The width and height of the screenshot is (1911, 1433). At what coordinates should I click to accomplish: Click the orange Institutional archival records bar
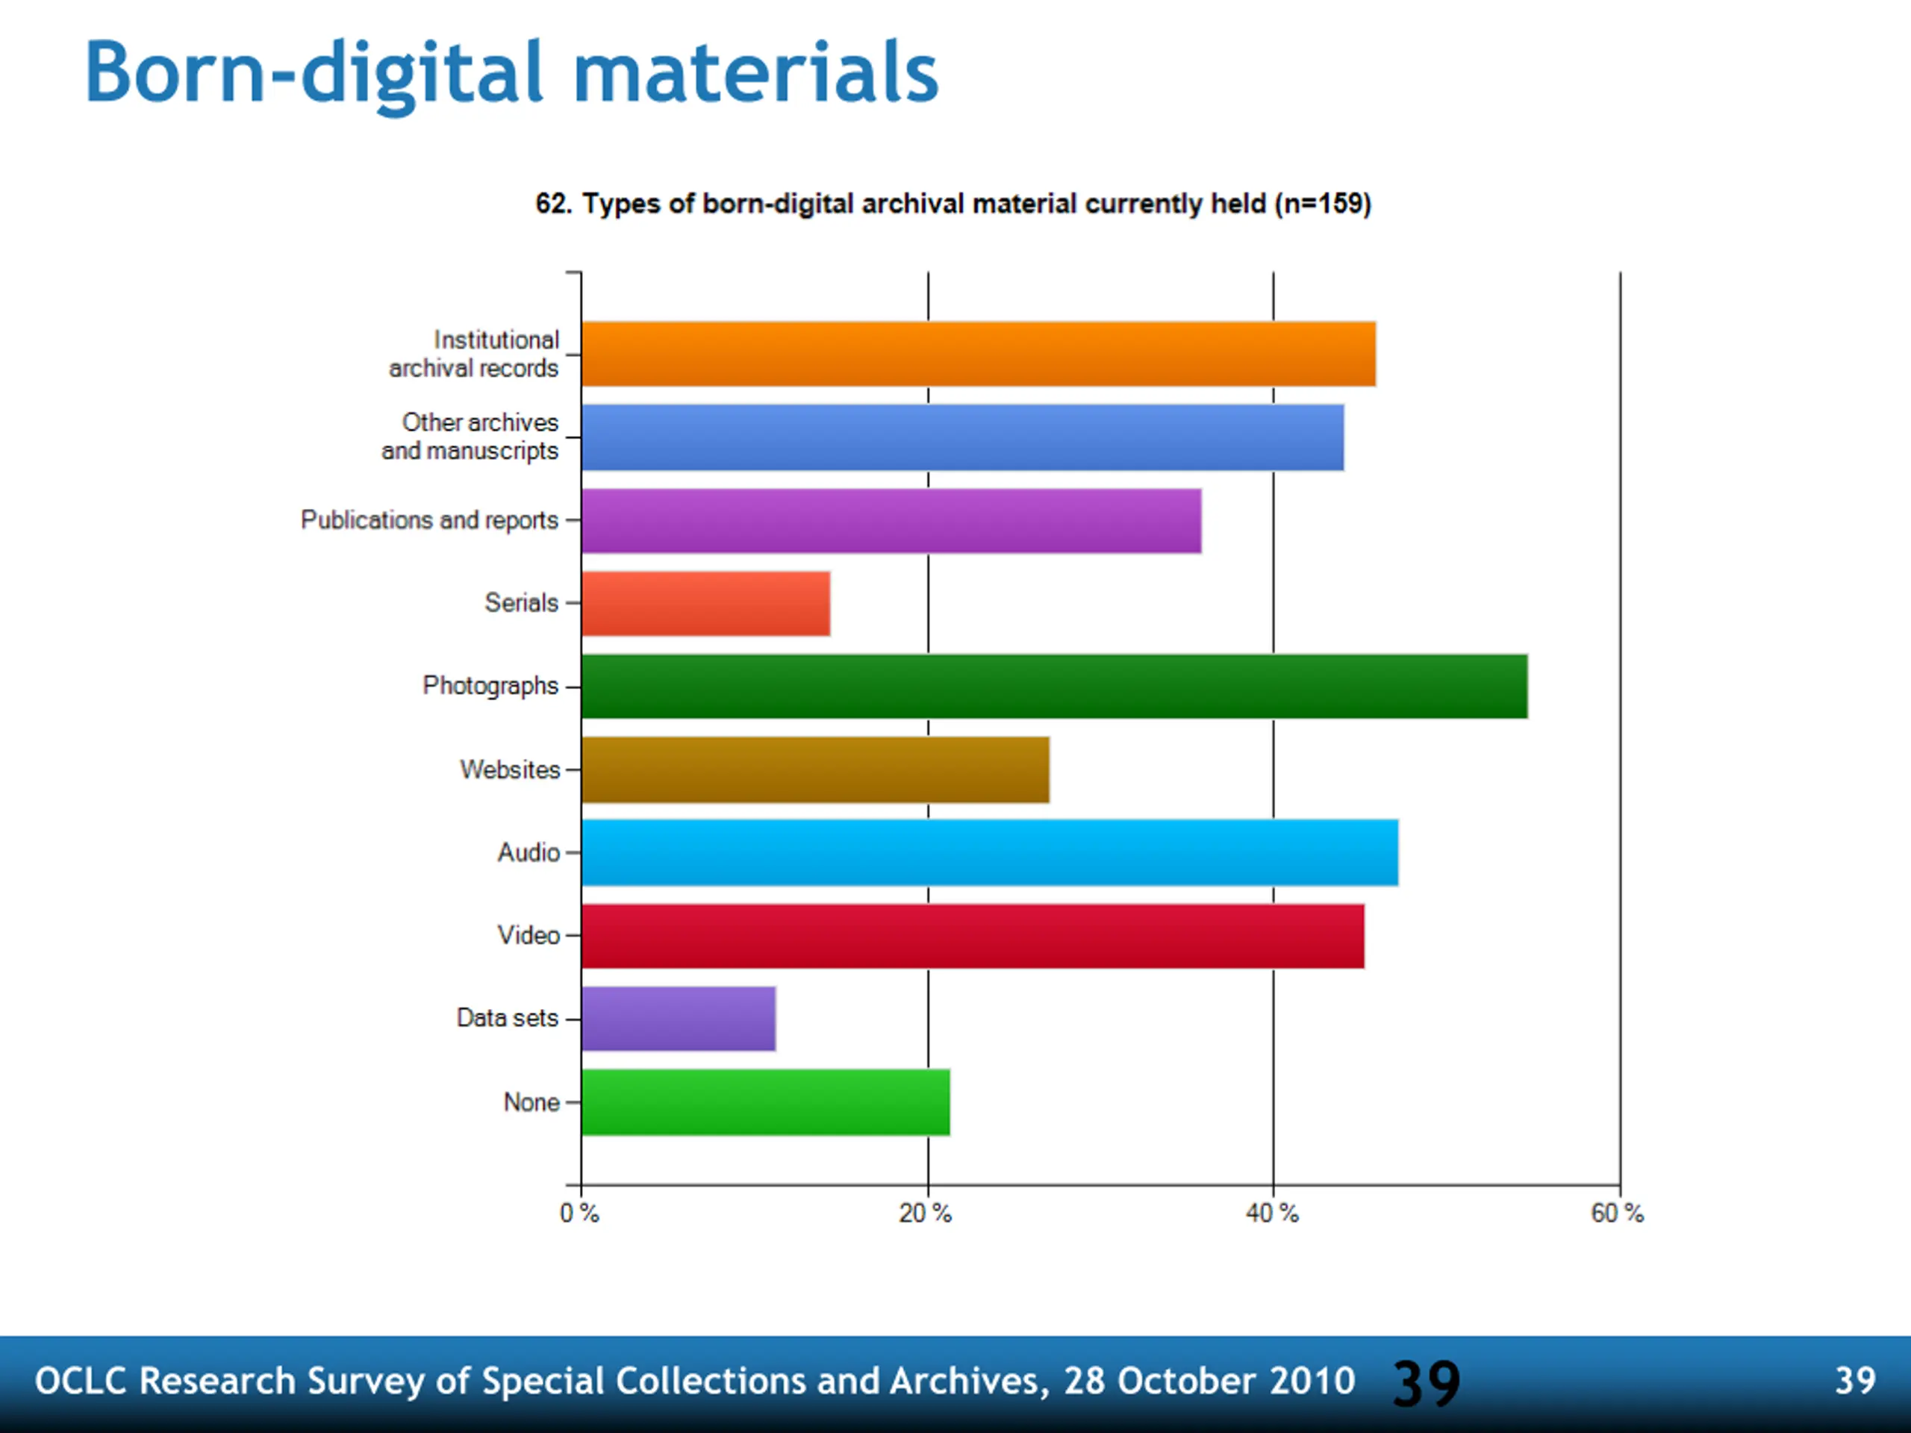978,353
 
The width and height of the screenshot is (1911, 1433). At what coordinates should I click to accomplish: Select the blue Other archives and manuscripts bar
962,437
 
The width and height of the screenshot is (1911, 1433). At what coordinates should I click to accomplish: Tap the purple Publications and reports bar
891,520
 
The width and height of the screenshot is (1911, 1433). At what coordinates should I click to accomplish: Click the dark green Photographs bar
1054,686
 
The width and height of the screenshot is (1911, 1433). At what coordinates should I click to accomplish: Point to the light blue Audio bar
989,852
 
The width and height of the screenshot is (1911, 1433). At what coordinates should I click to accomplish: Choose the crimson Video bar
973,935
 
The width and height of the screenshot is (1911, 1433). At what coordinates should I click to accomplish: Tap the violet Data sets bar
678,1018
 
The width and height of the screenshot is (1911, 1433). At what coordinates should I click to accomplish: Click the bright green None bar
765,1102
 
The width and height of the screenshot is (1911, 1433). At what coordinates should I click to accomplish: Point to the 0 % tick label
579,1214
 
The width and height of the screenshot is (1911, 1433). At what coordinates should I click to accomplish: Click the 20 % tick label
925,1214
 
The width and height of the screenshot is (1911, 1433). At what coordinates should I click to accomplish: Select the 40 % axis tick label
1272,1214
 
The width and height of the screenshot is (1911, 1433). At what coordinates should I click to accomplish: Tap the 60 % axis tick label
1618,1214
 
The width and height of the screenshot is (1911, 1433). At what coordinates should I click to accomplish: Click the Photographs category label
490,686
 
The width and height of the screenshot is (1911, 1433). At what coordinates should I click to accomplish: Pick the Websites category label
510,769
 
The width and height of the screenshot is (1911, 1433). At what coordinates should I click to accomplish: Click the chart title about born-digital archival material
953,204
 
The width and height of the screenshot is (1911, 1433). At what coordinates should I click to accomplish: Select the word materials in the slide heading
756,72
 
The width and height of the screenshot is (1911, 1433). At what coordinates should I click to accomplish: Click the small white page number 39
1855,1380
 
